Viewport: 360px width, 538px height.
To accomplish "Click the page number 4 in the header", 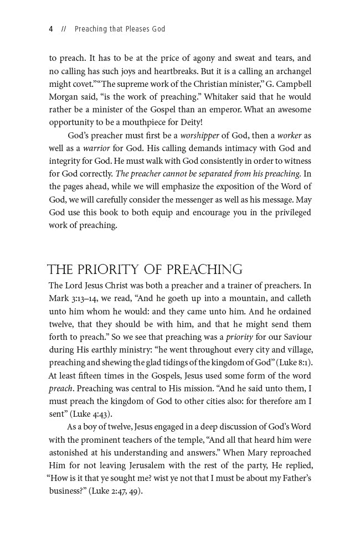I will [x=51, y=29].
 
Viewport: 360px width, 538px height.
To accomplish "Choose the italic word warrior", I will [x=97, y=148].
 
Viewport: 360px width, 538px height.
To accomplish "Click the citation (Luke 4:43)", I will [x=94, y=413].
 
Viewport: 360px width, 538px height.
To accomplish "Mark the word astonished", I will [x=71, y=452].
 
